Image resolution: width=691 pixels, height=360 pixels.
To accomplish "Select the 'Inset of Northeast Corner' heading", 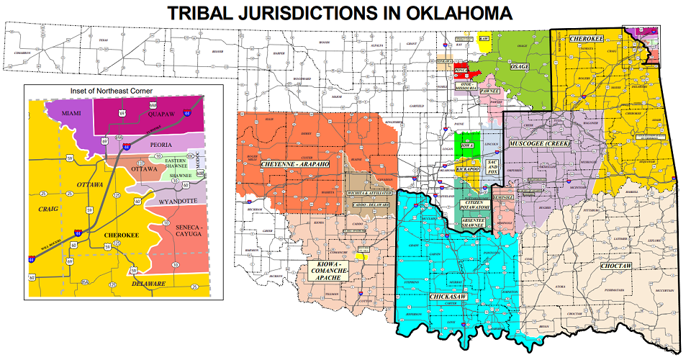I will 112,91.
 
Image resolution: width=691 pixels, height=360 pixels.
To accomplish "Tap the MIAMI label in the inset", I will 71,114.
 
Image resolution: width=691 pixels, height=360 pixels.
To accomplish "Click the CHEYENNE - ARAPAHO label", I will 290,166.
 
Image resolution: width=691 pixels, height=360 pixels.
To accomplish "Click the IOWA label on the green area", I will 469,145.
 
